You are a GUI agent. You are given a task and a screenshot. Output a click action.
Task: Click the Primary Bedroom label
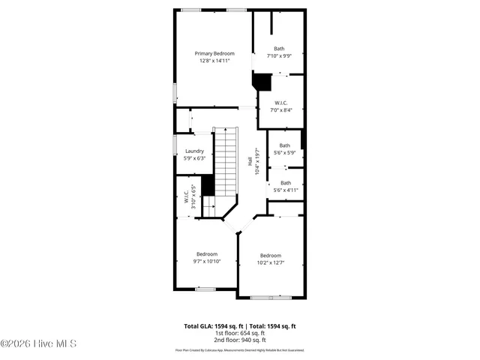point(214,53)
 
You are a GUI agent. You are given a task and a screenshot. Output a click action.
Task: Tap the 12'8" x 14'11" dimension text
point(214,61)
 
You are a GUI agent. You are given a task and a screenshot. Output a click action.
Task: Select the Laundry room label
point(194,151)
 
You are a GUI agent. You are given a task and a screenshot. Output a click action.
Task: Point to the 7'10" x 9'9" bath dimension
point(279,56)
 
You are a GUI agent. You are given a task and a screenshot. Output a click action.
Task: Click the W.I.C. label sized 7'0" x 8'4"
point(281,103)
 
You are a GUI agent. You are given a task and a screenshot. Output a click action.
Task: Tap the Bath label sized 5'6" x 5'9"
point(285,145)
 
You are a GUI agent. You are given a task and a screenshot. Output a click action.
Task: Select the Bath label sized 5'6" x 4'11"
point(286,182)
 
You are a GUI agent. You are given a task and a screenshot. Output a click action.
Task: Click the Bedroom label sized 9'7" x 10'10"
point(207,253)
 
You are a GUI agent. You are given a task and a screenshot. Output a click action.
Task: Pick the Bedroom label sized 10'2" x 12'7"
point(271,255)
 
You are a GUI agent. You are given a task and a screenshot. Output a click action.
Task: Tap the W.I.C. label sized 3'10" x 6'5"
point(186,196)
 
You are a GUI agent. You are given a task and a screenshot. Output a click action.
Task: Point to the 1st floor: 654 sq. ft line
point(240,333)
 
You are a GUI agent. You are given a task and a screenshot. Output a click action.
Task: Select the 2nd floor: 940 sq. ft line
point(240,340)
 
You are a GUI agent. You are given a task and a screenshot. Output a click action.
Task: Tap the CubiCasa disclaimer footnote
point(240,350)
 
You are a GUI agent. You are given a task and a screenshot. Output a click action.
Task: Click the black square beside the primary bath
point(262,81)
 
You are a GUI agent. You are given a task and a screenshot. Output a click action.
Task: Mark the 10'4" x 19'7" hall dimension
point(257,160)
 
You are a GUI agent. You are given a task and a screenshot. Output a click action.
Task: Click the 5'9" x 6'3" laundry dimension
point(194,158)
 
